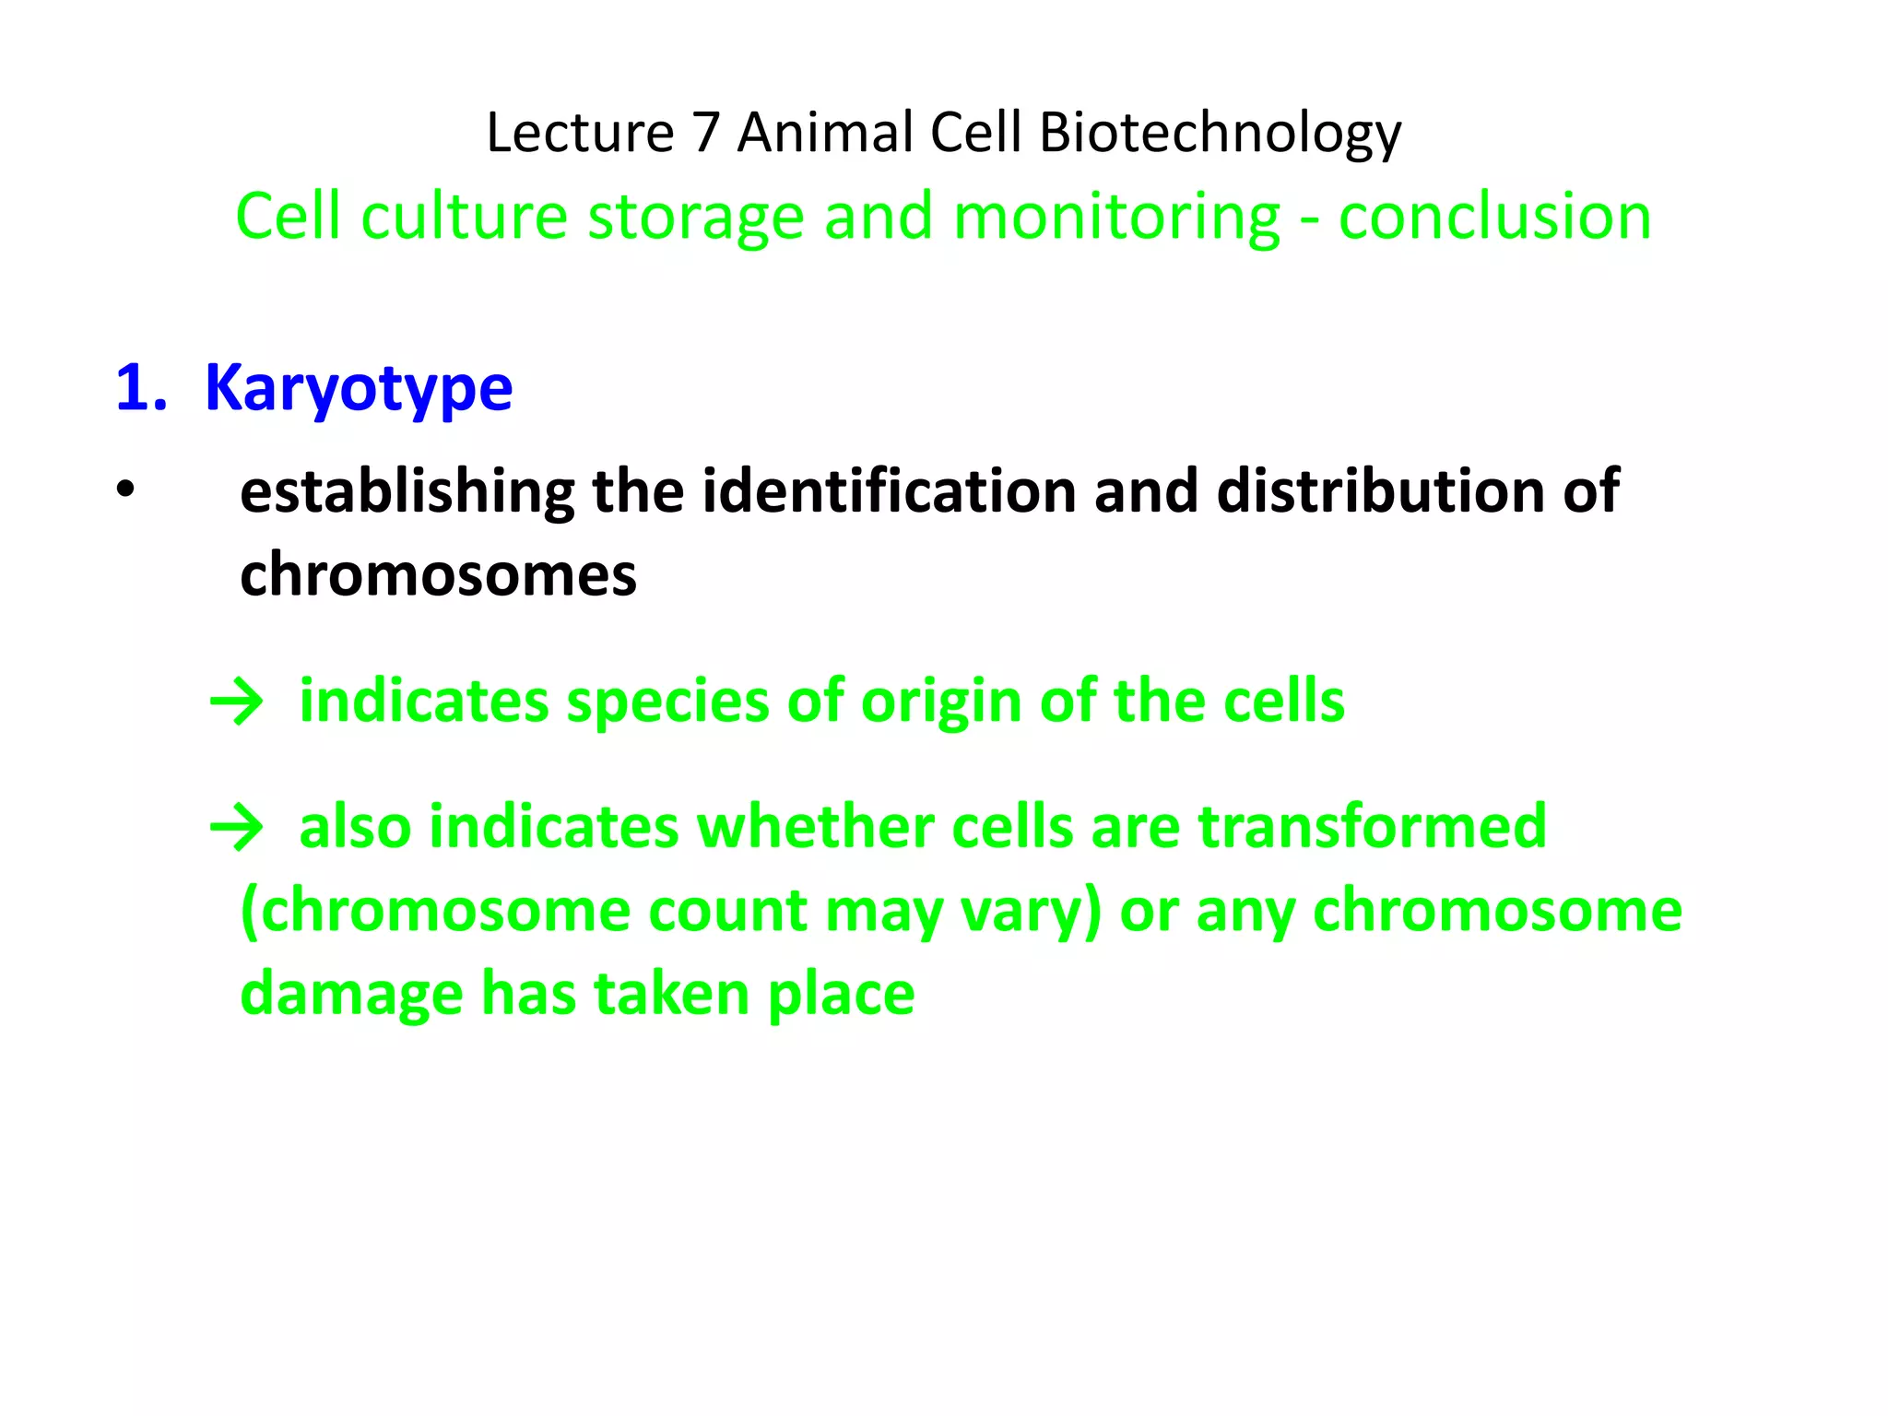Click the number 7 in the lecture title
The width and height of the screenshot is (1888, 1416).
[x=705, y=133]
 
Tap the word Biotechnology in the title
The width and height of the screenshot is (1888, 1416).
[x=1220, y=133]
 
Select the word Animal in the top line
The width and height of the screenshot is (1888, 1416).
[x=825, y=133]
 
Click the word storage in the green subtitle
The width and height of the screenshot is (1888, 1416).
[x=696, y=218]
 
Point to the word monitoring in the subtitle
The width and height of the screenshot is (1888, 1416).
[x=1115, y=218]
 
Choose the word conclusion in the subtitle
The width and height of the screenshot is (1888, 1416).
[x=1494, y=218]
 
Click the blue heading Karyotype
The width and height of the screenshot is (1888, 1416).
[x=358, y=388]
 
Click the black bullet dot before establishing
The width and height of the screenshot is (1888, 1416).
[x=126, y=490]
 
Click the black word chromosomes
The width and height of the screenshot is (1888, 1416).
[x=438, y=574]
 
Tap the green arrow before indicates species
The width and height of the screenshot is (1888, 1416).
[x=237, y=703]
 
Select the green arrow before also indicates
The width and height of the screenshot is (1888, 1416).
[x=237, y=828]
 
